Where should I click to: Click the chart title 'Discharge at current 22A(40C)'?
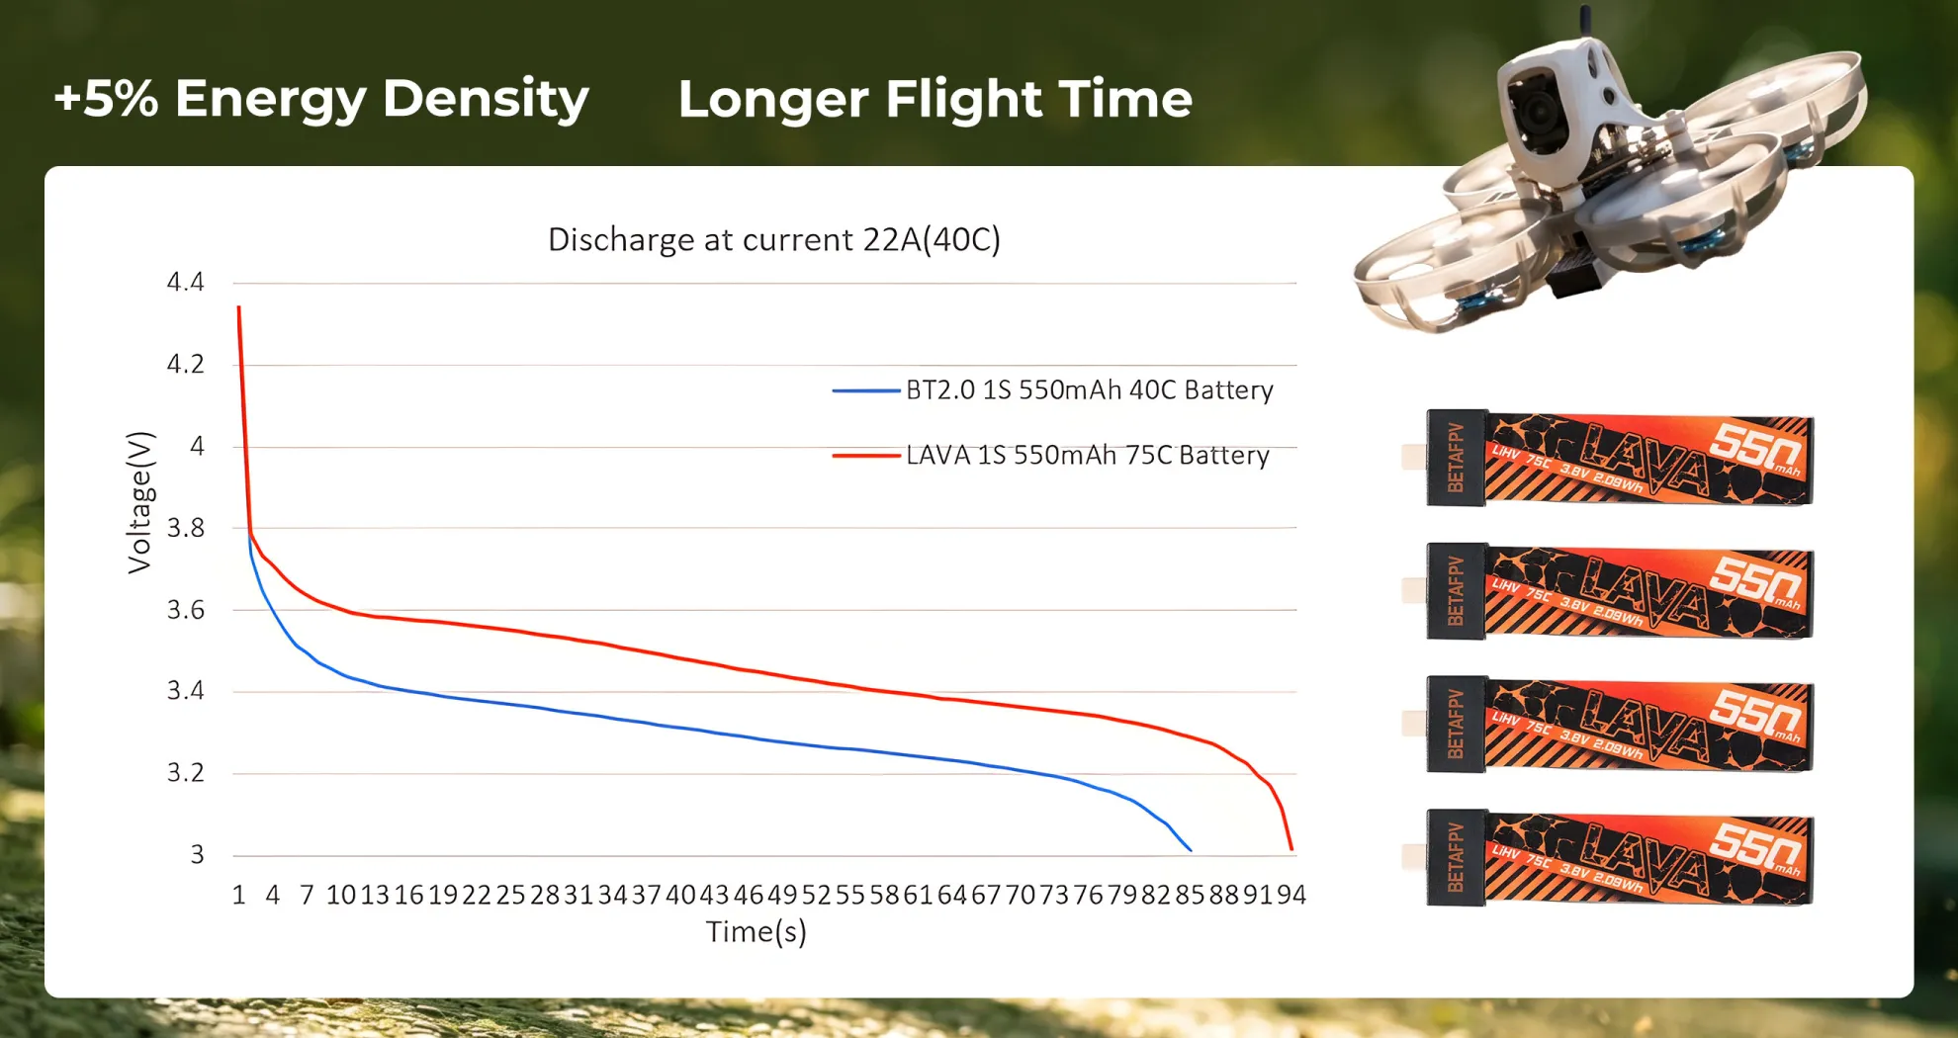click(x=774, y=240)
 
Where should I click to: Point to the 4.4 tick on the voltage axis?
click(x=186, y=283)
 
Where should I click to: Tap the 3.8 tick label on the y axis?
click(x=186, y=528)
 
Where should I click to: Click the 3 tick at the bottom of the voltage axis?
click(x=198, y=854)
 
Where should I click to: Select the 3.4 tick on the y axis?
click(x=186, y=690)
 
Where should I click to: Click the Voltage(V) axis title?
click(x=140, y=502)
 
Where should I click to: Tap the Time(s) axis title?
click(x=756, y=931)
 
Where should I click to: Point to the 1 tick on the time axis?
click(x=238, y=895)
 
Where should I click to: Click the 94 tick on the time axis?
click(x=1291, y=895)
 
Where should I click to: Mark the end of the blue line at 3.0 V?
click(x=1191, y=849)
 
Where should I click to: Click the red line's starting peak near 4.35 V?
click(x=238, y=308)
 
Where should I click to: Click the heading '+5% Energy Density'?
click(x=321, y=99)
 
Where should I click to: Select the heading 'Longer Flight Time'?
click(x=934, y=99)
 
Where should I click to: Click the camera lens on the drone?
click(x=1540, y=114)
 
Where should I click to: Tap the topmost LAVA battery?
click(x=1620, y=459)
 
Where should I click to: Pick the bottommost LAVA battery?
click(x=1620, y=858)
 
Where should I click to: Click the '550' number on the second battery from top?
click(x=1754, y=577)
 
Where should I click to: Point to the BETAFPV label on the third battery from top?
click(x=1456, y=725)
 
